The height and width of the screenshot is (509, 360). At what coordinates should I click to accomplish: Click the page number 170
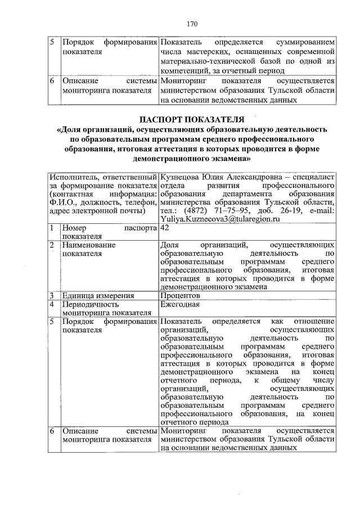coord(192,24)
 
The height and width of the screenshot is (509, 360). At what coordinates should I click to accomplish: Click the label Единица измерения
coord(98,295)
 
